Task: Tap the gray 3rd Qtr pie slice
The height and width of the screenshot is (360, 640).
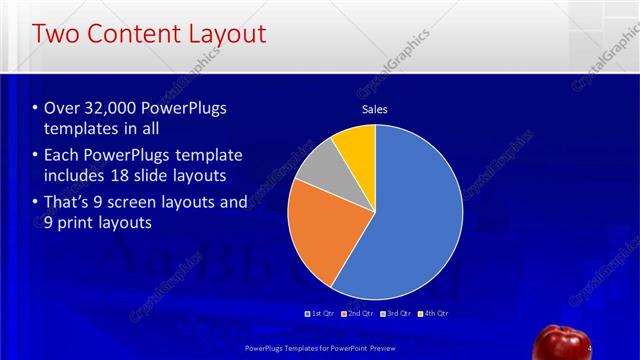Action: tap(317, 170)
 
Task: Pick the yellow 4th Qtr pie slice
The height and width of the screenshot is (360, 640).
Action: tap(356, 145)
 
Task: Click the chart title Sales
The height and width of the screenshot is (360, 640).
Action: tap(374, 110)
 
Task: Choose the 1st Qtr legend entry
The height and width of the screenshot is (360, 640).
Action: tap(319, 314)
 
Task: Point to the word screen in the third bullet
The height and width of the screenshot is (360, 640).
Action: tap(139, 203)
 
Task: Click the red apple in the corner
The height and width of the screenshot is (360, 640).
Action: tap(562, 342)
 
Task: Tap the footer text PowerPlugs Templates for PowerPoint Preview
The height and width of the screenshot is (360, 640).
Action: tap(319, 348)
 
